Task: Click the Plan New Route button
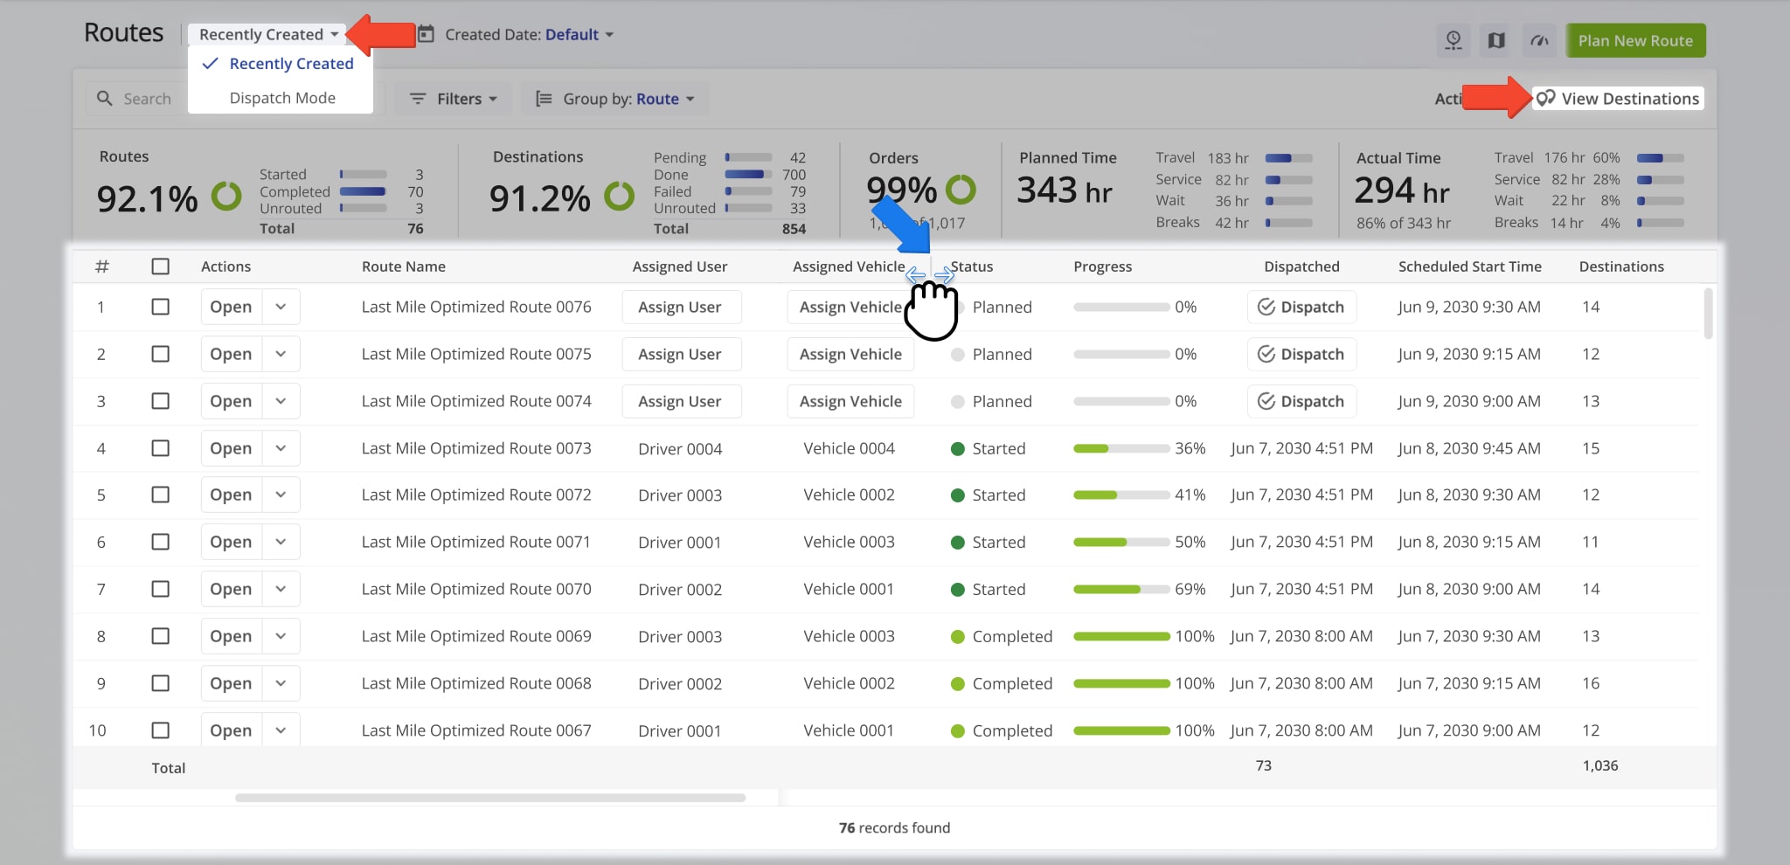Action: coord(1635,41)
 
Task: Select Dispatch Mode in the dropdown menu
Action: coord(281,98)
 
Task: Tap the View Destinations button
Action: coord(1619,99)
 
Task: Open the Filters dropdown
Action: coord(454,99)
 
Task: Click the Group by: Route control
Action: coord(615,99)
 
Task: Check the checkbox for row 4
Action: coord(160,448)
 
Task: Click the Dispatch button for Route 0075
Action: coord(1301,354)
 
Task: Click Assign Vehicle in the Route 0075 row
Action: coord(850,354)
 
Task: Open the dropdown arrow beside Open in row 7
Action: coord(281,589)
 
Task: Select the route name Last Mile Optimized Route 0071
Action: coord(475,542)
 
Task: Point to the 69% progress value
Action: coord(1190,589)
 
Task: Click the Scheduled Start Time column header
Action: coord(1469,266)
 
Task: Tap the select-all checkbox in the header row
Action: coord(160,266)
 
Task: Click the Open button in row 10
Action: coord(231,730)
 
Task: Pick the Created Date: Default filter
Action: coord(521,35)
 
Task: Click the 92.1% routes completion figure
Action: coord(147,199)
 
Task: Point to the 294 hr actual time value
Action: coord(1401,190)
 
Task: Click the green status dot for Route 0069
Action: coord(957,636)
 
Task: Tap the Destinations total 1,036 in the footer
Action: coord(1599,765)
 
